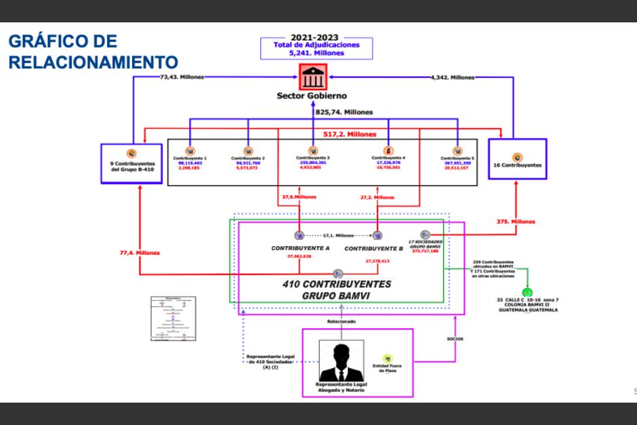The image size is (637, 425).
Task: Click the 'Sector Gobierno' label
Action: tap(312, 96)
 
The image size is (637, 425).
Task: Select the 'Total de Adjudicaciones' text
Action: tap(316, 45)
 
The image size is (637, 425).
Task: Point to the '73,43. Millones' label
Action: tap(179, 77)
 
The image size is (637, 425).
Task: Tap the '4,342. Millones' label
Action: tap(453, 77)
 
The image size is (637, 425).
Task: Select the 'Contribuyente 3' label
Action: tap(312, 158)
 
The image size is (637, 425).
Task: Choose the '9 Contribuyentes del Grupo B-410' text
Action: tap(133, 166)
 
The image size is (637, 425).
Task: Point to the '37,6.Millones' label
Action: tap(299, 197)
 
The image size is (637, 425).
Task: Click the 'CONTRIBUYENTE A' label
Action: tap(300, 248)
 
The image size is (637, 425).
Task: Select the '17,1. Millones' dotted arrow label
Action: tap(338, 235)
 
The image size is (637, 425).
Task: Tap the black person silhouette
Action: tap(342, 363)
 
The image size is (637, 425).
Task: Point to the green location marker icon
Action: tap(527, 293)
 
